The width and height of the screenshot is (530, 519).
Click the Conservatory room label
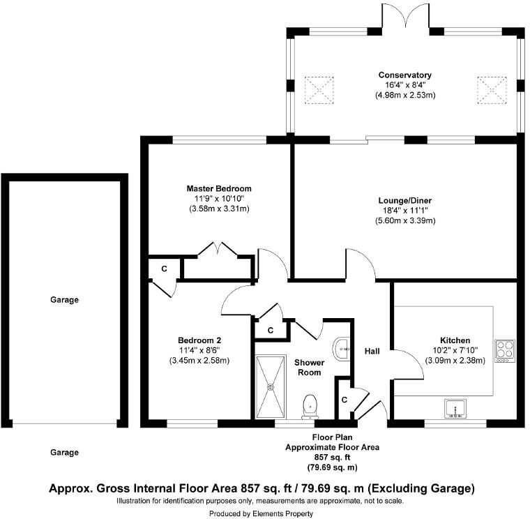point(404,75)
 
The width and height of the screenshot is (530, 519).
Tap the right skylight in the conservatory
point(490,89)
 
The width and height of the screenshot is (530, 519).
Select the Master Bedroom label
point(218,188)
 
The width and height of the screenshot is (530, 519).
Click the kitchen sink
point(457,407)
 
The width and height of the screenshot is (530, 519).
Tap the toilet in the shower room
point(310,405)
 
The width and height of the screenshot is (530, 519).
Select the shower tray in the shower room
point(271,386)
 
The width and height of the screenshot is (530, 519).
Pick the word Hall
point(372,351)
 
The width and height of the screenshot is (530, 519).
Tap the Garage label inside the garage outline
point(64,300)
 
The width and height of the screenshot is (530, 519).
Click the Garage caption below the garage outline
point(64,452)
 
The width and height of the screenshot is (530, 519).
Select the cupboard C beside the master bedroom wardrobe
point(165,269)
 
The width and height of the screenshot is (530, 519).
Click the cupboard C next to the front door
point(344,400)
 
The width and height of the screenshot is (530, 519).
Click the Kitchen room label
point(455,340)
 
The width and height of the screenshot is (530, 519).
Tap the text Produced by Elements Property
point(264,513)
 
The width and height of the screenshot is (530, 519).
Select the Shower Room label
point(309,367)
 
